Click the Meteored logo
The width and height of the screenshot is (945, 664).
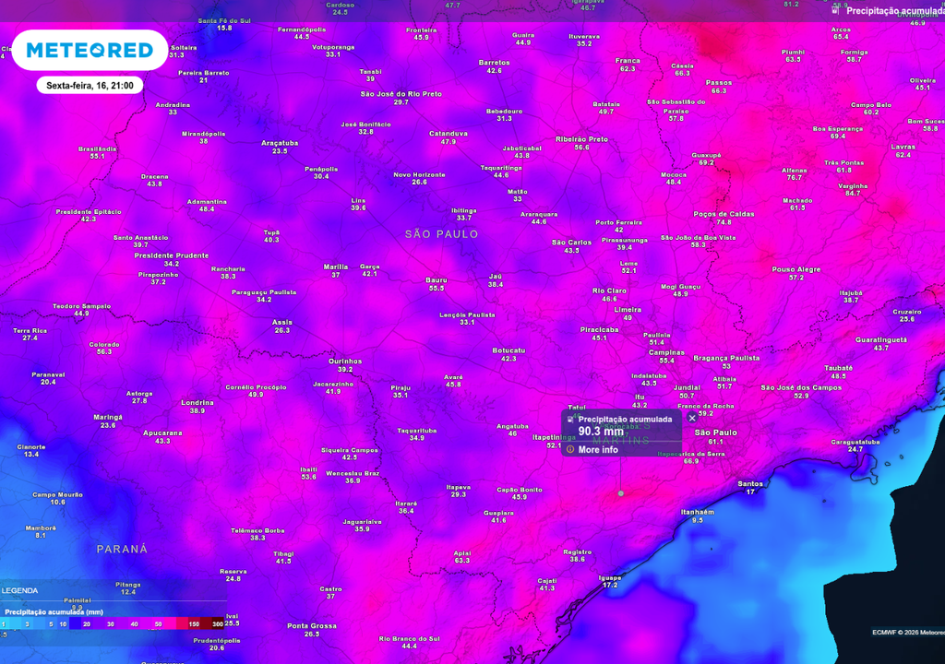pyautogui.click(x=90, y=50)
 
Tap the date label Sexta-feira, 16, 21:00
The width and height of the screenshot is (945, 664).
pyautogui.click(x=90, y=86)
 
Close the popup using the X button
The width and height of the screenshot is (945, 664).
pyautogui.click(x=692, y=418)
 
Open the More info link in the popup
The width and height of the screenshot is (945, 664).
pyautogui.click(x=597, y=449)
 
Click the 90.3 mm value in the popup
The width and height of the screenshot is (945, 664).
pyautogui.click(x=601, y=431)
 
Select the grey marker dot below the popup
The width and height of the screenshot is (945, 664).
pyautogui.click(x=620, y=493)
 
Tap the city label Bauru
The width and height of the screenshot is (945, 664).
pyautogui.click(x=437, y=279)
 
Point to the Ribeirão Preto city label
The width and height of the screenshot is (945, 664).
pyautogui.click(x=581, y=139)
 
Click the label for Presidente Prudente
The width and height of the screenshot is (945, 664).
pyautogui.click(x=172, y=255)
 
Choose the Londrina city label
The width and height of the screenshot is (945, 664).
pyautogui.click(x=197, y=402)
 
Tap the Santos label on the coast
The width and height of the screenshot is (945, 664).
pyautogui.click(x=750, y=483)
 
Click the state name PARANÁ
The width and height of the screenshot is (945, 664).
pyautogui.click(x=123, y=549)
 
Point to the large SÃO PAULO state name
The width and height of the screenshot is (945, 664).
pyautogui.click(x=442, y=234)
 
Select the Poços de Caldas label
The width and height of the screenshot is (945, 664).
pyautogui.click(x=724, y=214)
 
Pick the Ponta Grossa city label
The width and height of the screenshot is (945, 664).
pyautogui.click(x=311, y=625)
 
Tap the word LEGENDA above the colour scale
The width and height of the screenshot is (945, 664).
pyautogui.click(x=20, y=590)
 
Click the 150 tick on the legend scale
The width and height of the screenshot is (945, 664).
pyautogui.click(x=194, y=624)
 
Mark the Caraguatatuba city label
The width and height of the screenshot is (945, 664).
pyautogui.click(x=855, y=442)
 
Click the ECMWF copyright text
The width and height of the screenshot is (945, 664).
pyautogui.click(x=907, y=632)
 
